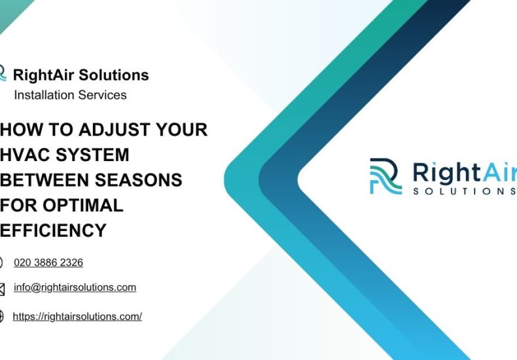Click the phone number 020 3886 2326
point(48,262)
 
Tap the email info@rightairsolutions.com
point(75,287)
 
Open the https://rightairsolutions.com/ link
point(77,316)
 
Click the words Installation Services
point(70,95)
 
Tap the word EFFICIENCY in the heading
point(54,230)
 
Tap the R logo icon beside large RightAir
point(386,176)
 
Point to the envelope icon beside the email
point(1,289)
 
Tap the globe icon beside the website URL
point(1,317)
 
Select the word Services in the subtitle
point(101,95)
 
